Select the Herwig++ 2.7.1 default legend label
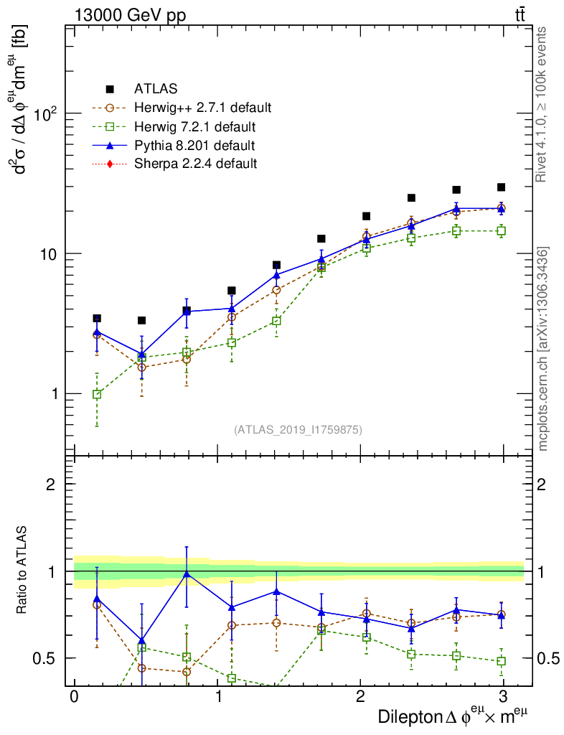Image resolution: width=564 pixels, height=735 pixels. coord(202,108)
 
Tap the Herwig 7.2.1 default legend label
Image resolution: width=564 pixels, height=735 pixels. coord(194,127)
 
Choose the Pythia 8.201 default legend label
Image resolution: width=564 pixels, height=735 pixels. coord(194,146)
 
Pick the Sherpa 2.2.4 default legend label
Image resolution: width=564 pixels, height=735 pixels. coord(195,164)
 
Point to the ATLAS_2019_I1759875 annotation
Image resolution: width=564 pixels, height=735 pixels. coord(298,430)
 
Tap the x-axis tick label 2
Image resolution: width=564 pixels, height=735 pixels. coord(360,696)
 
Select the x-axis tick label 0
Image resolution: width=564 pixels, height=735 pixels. coord(74,696)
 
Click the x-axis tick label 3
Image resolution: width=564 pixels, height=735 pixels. coord(504,696)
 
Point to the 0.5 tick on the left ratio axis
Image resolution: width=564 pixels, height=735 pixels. coord(44,658)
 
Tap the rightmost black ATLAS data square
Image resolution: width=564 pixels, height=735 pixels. coord(501,187)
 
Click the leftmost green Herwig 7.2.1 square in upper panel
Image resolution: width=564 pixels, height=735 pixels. coord(97,394)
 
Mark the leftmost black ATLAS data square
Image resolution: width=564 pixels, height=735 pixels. coord(97,318)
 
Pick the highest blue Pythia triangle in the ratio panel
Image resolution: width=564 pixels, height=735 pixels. coord(187,573)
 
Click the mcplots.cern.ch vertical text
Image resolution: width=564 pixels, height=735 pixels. coord(543,349)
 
